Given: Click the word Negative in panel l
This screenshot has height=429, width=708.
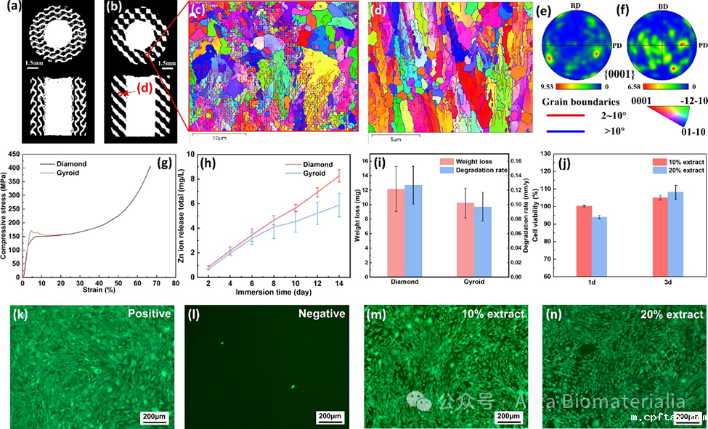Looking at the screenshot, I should (320, 314).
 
